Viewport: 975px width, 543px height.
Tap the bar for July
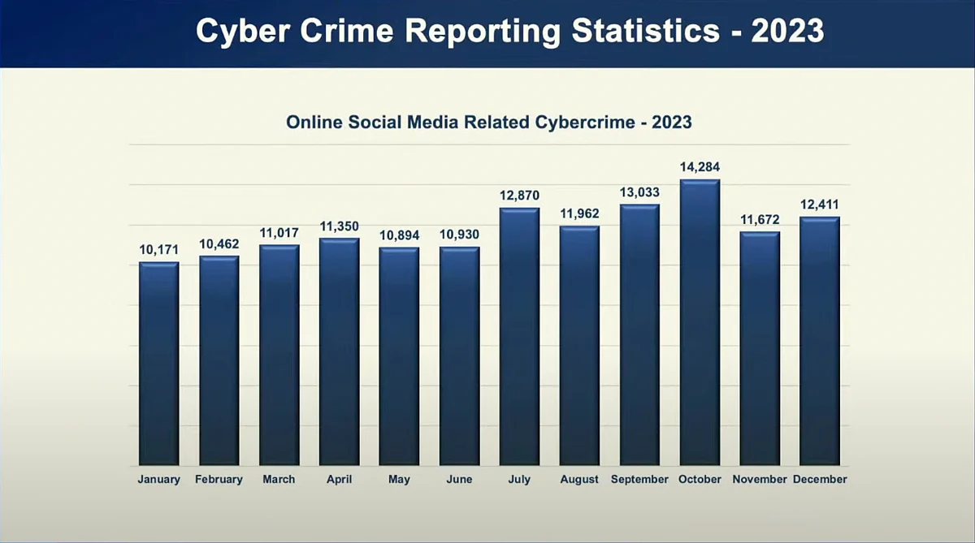coord(519,337)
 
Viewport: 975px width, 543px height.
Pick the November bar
coord(760,348)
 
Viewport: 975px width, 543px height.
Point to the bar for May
coord(399,356)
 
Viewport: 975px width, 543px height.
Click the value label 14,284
coord(700,167)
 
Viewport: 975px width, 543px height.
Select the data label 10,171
coord(159,250)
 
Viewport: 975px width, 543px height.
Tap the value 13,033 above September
coord(639,192)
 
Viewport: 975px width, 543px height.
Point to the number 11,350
coord(339,226)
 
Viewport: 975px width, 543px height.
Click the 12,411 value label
coord(819,205)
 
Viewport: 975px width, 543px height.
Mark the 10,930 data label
coord(459,235)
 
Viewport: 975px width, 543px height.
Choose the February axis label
coord(219,479)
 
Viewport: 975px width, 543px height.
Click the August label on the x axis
coord(579,479)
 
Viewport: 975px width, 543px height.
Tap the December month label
coord(820,479)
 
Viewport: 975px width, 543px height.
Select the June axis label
coord(459,479)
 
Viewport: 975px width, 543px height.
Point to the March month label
coord(279,479)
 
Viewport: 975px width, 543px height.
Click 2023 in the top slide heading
coord(787,31)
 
